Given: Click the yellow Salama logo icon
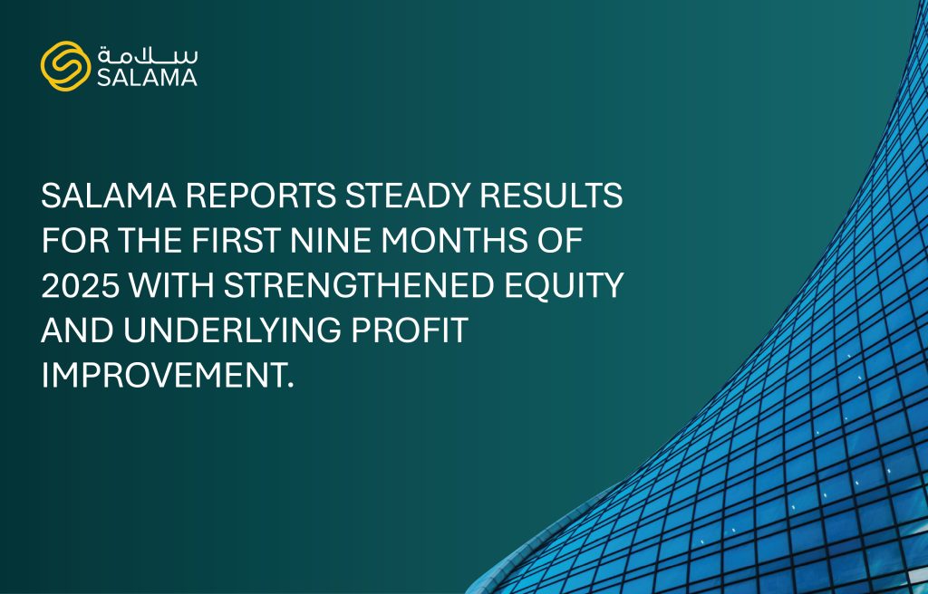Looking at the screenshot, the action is (65, 66).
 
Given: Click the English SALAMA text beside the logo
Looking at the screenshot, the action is (148, 78).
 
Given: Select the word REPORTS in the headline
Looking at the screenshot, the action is (261, 196).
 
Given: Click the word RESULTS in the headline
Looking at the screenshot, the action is (551, 196).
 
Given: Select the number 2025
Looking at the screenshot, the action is (81, 285).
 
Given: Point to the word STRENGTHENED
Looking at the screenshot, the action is (359, 285).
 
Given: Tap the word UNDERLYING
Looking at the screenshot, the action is (232, 331).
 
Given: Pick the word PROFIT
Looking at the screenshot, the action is (410, 331).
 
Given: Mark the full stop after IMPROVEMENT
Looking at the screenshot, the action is (290, 386).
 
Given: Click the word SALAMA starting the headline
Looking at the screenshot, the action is (109, 196).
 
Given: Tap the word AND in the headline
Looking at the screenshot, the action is (78, 331).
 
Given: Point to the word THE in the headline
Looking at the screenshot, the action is (150, 240).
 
